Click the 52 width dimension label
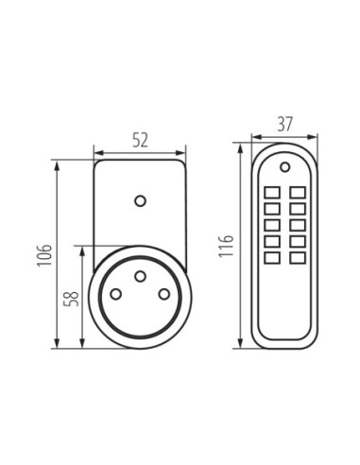pos(140,140)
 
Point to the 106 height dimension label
pos(44,254)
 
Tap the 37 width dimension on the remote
pos(284,124)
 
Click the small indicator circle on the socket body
pos(140,200)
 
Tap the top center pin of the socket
pos(140,276)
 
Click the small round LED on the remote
pos(284,167)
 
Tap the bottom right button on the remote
pos(298,258)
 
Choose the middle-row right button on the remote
pos(298,225)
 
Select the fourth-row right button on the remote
pos(298,242)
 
